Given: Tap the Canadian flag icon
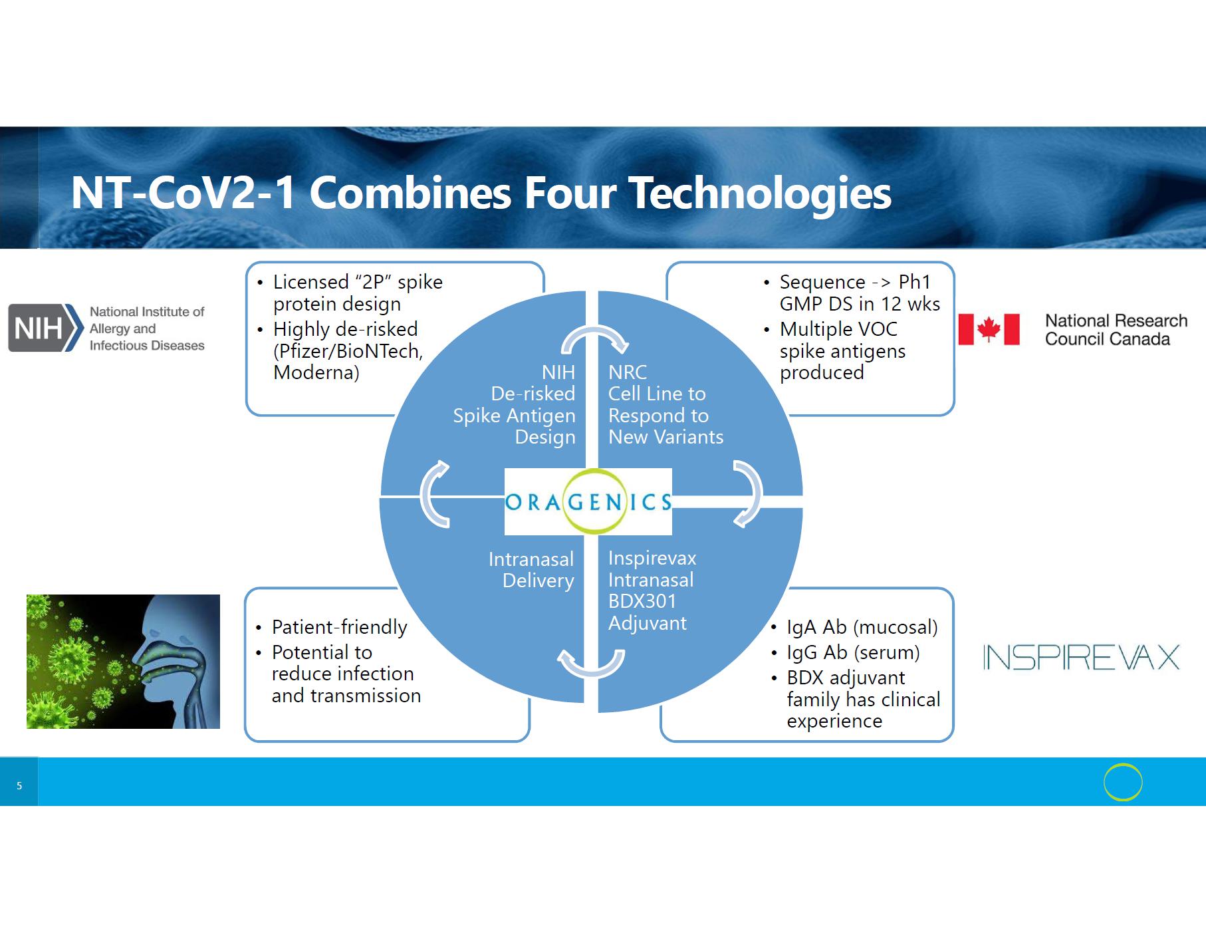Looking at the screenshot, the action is pos(989,329).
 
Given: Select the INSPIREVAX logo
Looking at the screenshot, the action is pos(1081,657).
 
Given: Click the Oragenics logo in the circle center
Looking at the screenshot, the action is pos(588,501).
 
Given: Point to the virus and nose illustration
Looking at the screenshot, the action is pos(123,661).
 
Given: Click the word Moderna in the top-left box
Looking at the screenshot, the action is pos(316,372).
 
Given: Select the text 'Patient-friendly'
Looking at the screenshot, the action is pos(339,627).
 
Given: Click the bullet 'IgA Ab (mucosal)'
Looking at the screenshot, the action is pos(862,627).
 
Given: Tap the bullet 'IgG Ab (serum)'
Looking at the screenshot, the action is pos(853,652).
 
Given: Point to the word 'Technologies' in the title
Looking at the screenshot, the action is pos(760,193).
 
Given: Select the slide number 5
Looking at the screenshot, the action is pos(19,786).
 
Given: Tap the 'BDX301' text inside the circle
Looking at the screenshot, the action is pos(642,601).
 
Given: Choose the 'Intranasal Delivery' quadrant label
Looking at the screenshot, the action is pos(531,570).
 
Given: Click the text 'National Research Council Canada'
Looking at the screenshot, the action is pos(1116,330).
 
